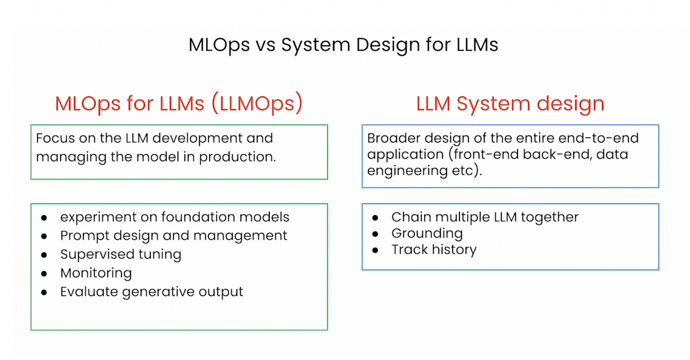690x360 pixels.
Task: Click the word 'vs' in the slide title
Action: pos(265,45)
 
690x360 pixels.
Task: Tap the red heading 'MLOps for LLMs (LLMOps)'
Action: pos(179,104)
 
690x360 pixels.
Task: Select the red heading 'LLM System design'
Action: pos(510,104)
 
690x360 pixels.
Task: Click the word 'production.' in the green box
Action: pos(237,157)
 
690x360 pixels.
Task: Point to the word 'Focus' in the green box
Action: pos(55,138)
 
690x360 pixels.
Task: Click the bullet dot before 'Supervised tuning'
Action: pos(44,255)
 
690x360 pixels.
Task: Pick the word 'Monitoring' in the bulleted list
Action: pos(96,274)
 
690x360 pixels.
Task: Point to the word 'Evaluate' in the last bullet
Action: pos(89,291)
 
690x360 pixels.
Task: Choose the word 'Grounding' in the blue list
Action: pos(427,234)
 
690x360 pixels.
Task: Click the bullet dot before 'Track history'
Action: pos(375,250)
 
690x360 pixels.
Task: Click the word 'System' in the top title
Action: pos(316,46)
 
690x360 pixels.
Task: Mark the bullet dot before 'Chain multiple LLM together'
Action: pos(375,218)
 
